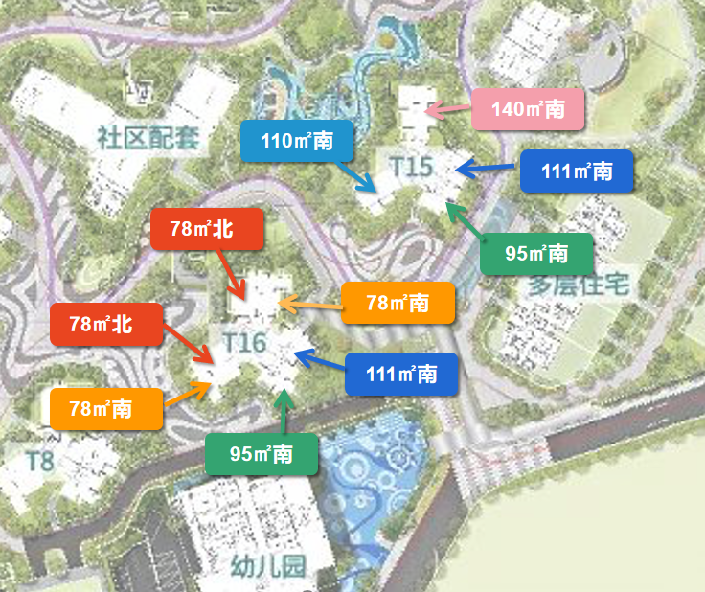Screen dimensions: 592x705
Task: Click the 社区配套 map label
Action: (148, 137)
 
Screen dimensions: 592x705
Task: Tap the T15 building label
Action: (412, 166)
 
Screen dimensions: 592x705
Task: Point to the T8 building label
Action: (40, 461)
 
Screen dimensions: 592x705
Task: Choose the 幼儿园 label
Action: (267, 566)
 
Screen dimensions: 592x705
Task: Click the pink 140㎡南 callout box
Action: (528, 109)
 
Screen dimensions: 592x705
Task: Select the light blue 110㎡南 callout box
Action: (297, 142)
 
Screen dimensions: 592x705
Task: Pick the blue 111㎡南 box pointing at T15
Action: (577, 171)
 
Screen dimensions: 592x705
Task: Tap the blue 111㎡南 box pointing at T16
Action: (401, 374)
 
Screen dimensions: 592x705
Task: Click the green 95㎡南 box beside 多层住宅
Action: (536, 254)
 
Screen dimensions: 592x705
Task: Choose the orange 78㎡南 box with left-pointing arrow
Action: (398, 303)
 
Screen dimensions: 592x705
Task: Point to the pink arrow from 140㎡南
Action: (446, 110)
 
